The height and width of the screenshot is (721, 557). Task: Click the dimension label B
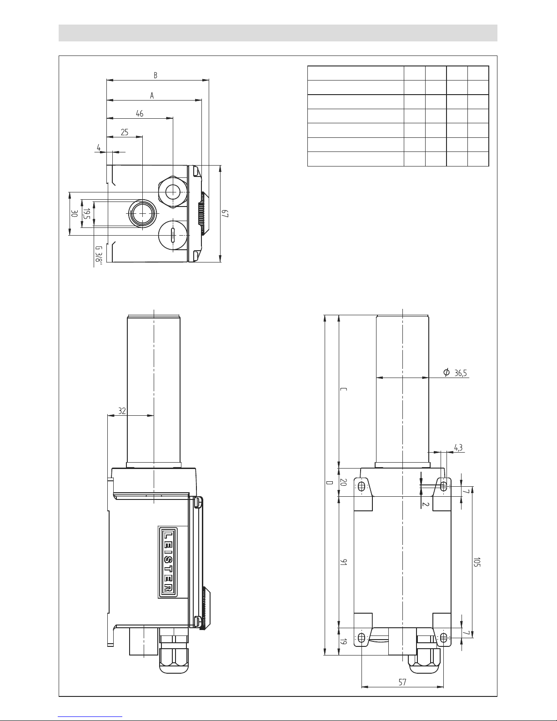pyautogui.click(x=156, y=76)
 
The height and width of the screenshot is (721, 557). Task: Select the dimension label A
pyautogui.click(x=152, y=96)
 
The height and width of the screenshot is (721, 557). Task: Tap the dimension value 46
pyautogui.click(x=140, y=113)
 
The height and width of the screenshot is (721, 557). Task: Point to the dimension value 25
pyautogui.click(x=124, y=132)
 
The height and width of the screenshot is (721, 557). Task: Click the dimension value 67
pyautogui.click(x=226, y=213)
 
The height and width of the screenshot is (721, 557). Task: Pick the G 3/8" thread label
pyautogui.click(x=99, y=254)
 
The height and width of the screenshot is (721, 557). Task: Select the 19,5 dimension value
pyautogui.click(x=86, y=214)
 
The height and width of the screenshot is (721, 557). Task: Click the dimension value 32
pyautogui.click(x=122, y=411)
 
